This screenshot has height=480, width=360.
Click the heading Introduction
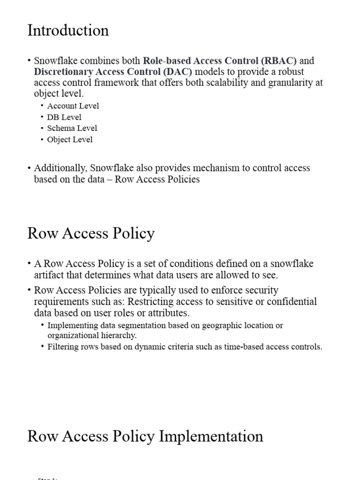(68, 30)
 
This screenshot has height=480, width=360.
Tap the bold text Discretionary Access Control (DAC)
(113, 72)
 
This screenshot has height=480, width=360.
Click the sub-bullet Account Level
(73, 106)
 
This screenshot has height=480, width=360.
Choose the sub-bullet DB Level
(64, 117)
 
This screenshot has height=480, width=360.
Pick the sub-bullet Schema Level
(72, 128)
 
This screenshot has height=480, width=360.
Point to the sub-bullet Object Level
(70, 139)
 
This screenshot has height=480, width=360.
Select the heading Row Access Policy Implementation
(145, 436)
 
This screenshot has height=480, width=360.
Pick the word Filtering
(63, 347)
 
